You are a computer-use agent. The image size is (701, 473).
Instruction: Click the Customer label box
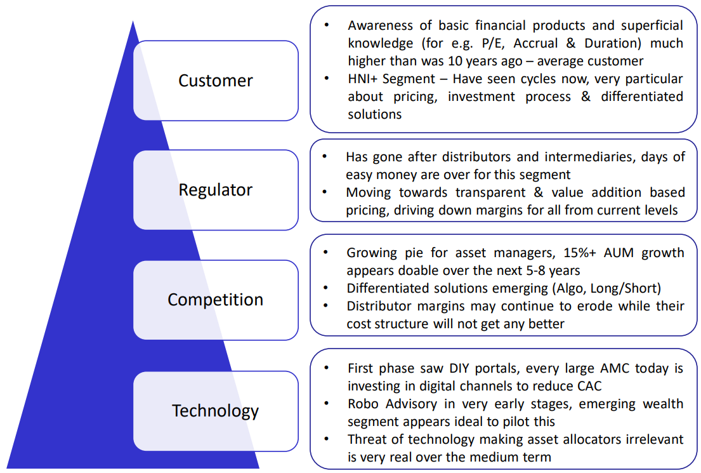[216, 81]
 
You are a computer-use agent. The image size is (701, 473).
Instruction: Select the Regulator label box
[216, 190]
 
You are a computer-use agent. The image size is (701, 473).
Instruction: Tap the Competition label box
[216, 300]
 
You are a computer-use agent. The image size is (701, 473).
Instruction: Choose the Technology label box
[216, 411]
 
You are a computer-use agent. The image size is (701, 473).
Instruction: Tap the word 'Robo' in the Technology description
[363, 404]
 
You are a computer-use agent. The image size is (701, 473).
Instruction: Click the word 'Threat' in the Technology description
[365, 439]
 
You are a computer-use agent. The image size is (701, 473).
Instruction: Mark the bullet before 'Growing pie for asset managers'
[325, 253]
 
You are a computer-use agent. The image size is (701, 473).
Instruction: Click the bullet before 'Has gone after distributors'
[325, 157]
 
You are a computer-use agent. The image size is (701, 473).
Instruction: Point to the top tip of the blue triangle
[133, 22]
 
